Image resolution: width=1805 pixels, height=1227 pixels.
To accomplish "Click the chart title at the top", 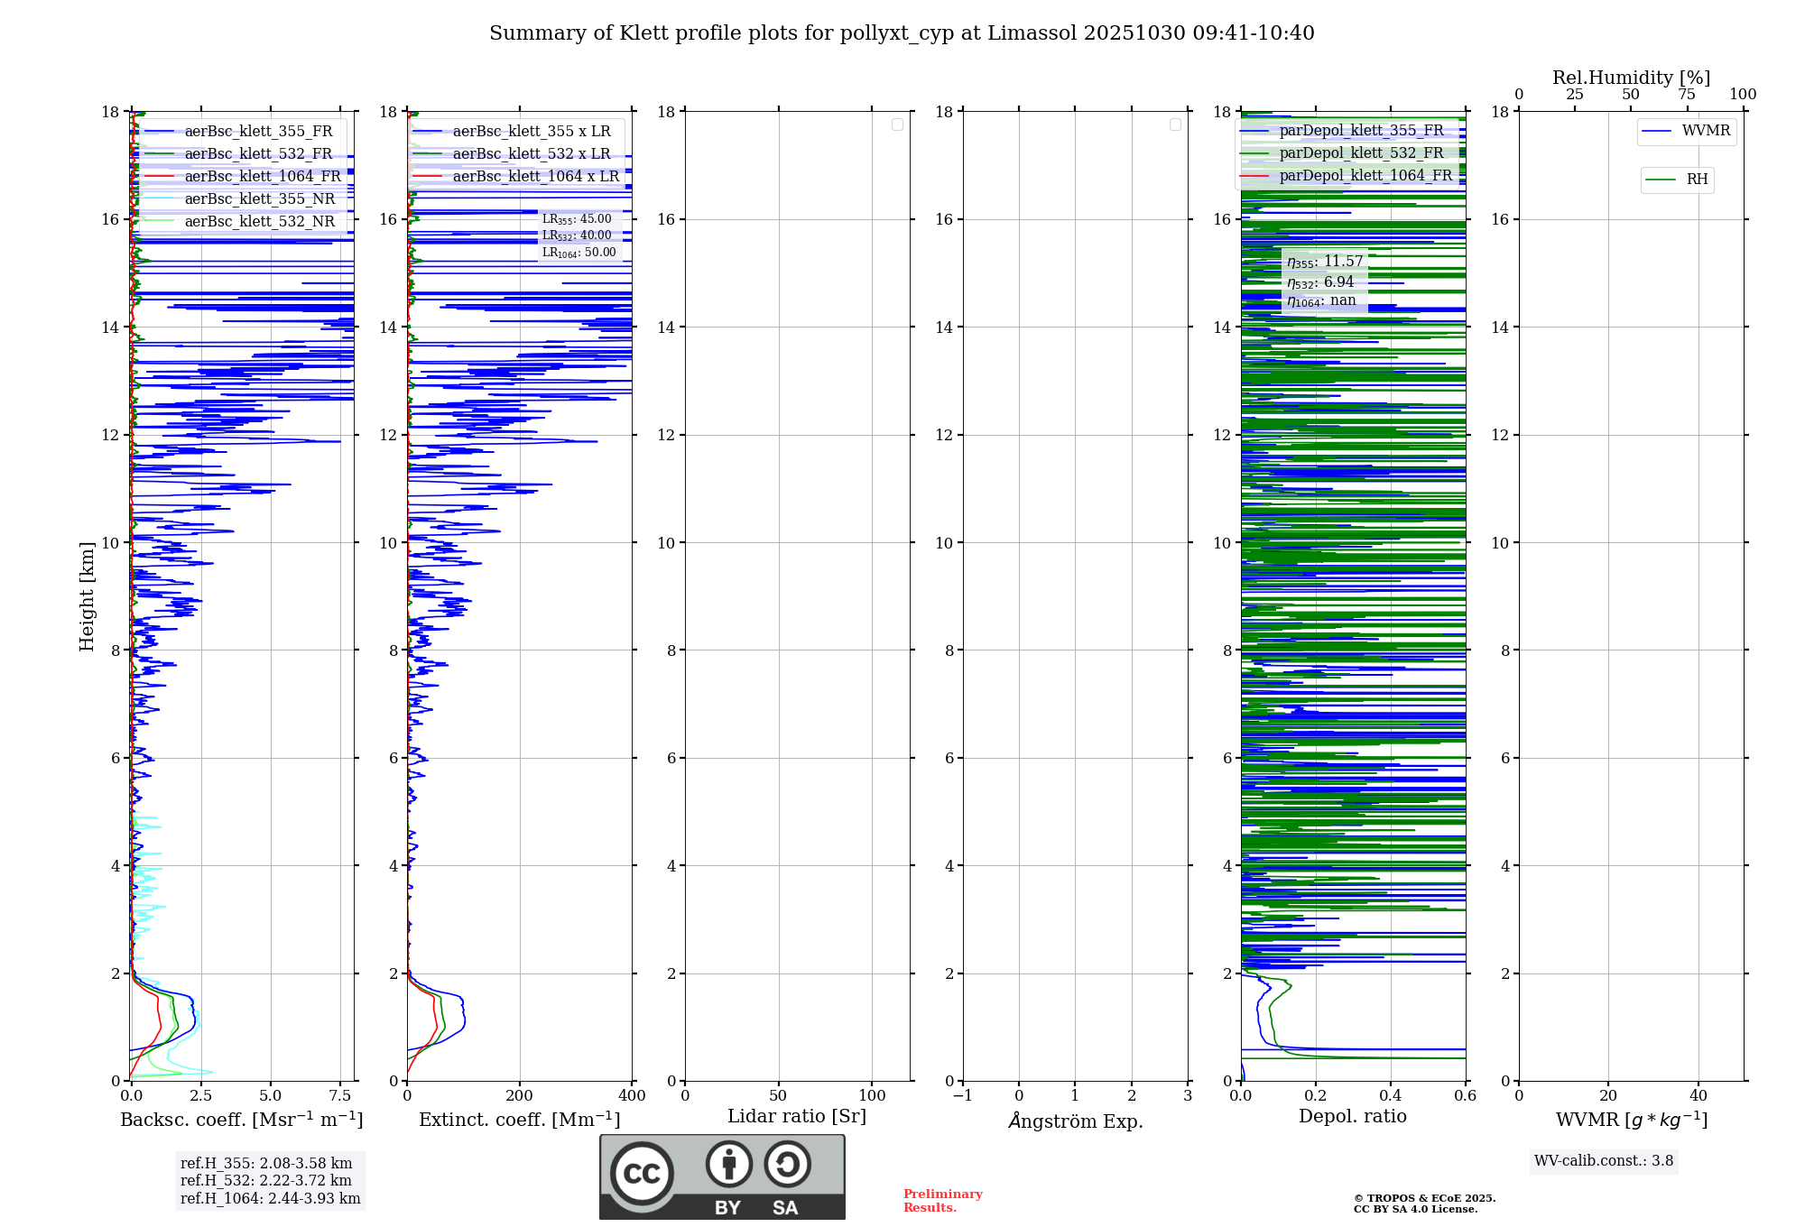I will tap(902, 33).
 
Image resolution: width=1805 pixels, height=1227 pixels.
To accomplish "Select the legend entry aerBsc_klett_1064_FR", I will tap(262, 176).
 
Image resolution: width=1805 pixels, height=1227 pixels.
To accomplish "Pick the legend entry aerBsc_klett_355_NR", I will tap(259, 198).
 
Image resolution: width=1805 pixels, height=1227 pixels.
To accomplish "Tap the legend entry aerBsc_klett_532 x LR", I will tap(531, 153).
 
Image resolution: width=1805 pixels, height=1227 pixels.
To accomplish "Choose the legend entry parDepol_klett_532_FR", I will tap(1361, 152).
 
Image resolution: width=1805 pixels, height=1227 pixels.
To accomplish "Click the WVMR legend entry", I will tap(1705, 131).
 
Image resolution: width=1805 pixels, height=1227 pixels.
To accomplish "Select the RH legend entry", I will tap(1696, 180).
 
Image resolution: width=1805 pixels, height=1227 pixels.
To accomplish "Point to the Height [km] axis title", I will tap(87, 596).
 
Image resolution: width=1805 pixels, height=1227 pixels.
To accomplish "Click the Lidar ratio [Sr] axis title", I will tap(797, 1116).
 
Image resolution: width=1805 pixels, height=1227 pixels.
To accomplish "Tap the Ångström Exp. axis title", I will tap(1075, 1121).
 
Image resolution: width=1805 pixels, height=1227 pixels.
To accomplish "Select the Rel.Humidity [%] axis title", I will tap(1631, 78).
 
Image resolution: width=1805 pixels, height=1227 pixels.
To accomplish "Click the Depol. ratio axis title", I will tap(1352, 1116).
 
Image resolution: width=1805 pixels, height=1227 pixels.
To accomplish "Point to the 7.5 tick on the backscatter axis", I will tap(340, 1095).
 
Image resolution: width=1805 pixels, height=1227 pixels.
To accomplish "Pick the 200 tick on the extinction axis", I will tap(520, 1095).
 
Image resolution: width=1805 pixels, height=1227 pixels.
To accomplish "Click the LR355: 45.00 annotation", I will tap(577, 219).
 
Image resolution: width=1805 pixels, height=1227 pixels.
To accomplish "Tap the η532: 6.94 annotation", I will tap(1320, 282).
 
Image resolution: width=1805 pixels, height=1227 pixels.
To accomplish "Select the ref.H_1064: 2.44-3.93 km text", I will tap(270, 1198).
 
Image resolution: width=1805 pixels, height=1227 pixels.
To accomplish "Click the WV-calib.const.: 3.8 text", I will tap(1604, 1161).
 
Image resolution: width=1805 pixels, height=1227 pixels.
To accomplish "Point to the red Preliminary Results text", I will tap(942, 1200).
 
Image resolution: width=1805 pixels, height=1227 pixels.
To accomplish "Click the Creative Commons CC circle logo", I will tap(642, 1173).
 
